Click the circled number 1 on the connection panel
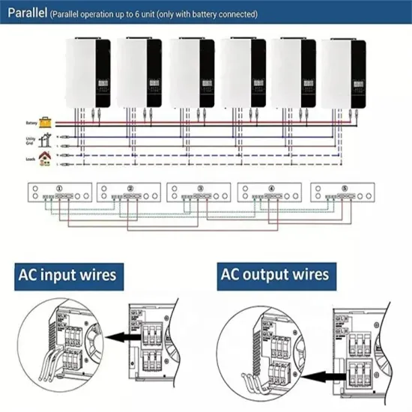(59, 188)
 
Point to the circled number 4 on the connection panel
(270, 188)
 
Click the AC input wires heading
(68, 274)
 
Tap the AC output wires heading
(273, 274)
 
